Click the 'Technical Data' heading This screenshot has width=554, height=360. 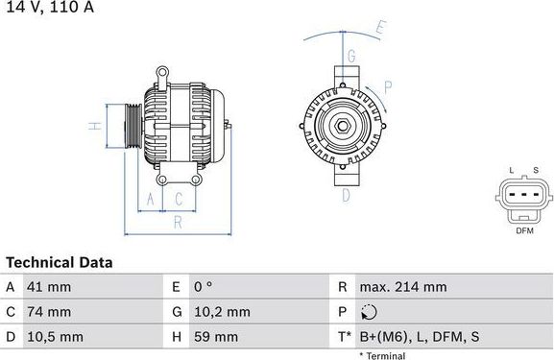click(x=59, y=262)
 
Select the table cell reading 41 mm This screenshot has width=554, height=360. click(x=51, y=287)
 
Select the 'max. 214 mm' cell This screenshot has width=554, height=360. click(x=403, y=287)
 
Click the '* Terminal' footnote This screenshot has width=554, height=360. click(x=382, y=355)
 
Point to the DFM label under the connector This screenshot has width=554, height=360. click(x=524, y=230)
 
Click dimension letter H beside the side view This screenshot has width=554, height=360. click(x=94, y=125)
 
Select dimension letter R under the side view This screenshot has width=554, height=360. click(x=178, y=223)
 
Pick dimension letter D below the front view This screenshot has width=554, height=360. click(x=346, y=195)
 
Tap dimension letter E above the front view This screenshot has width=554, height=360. click(x=380, y=29)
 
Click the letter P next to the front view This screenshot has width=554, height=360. click(x=388, y=85)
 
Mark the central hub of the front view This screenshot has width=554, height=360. click(x=342, y=126)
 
